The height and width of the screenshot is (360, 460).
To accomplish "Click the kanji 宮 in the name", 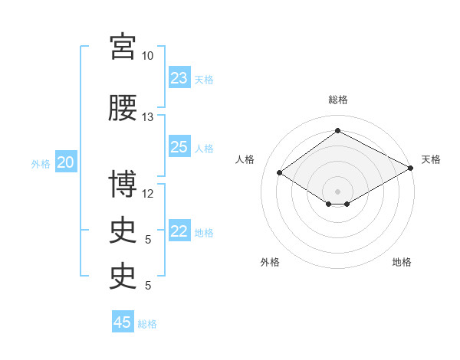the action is coord(123,47).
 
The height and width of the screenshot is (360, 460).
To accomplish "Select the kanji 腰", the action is coord(123,107).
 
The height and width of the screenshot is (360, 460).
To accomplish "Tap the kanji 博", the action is coord(123,184).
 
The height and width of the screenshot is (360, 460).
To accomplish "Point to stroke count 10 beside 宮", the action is coord(147,56).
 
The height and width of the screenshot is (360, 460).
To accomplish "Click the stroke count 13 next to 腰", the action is coord(147,117).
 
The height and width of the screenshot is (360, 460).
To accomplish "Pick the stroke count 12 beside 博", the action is coord(147,194).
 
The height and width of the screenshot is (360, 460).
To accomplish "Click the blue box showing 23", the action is coord(179,77).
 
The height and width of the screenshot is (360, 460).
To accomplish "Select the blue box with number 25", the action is coord(179,146).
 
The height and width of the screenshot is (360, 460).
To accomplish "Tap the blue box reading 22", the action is coord(179,230).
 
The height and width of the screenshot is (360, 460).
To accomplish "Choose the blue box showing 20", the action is coord(66,162).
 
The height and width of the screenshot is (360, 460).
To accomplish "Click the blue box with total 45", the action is coord(123,321).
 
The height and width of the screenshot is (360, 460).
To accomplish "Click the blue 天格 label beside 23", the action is coord(204,80).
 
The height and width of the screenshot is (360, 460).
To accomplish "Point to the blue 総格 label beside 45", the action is coord(147,324).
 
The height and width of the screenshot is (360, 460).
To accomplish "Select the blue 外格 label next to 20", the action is coord(41,164).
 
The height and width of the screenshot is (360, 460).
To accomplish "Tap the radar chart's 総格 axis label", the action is coord(338,100).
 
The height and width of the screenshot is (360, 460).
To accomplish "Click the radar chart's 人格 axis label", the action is coord(245,159).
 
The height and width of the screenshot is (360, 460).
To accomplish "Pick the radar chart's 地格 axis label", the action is coord(402,262).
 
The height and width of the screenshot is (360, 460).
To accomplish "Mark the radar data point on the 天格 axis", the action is coord(411,168).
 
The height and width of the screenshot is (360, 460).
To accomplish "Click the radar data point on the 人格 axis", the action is coord(280,172).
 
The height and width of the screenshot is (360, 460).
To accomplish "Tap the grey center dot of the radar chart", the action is coord(337,191).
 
